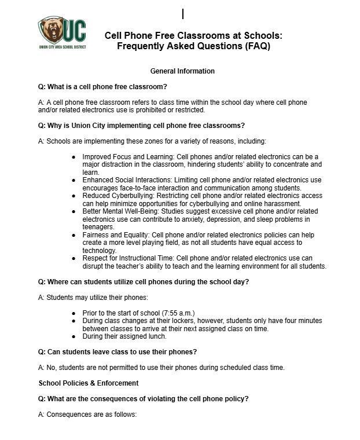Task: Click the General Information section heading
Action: point(182,71)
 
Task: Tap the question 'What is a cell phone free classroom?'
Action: point(102,87)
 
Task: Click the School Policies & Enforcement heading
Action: point(89,383)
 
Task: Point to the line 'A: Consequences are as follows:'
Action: point(87,415)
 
